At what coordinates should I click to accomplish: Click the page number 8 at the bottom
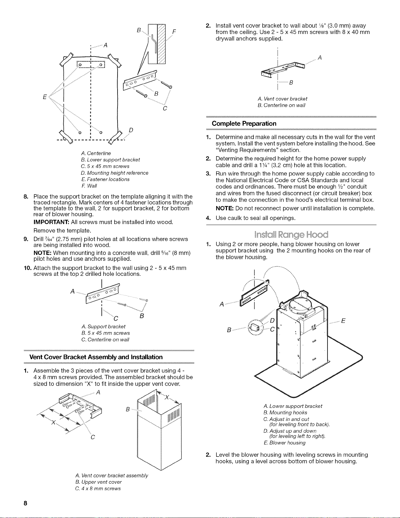point(25,503)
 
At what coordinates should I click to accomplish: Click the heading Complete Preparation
point(244,124)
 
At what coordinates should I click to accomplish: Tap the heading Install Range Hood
point(291,235)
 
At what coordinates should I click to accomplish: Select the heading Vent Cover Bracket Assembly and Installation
point(96,357)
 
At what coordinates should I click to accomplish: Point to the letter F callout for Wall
point(174,32)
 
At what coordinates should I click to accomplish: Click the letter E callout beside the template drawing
point(44,97)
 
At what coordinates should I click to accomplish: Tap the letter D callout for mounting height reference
point(131,130)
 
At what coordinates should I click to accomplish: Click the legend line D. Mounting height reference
point(115,173)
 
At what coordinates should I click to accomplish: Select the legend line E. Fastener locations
point(105,179)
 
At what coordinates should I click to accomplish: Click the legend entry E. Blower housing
point(284,443)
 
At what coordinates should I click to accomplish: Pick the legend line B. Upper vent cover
point(98,482)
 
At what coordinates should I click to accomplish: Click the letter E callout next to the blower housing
point(343,321)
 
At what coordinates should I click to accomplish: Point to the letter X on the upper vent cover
point(167,397)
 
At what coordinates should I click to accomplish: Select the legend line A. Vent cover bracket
point(282,99)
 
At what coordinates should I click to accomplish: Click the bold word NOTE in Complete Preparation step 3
point(224,209)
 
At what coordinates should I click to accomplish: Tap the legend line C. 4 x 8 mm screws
point(98,489)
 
